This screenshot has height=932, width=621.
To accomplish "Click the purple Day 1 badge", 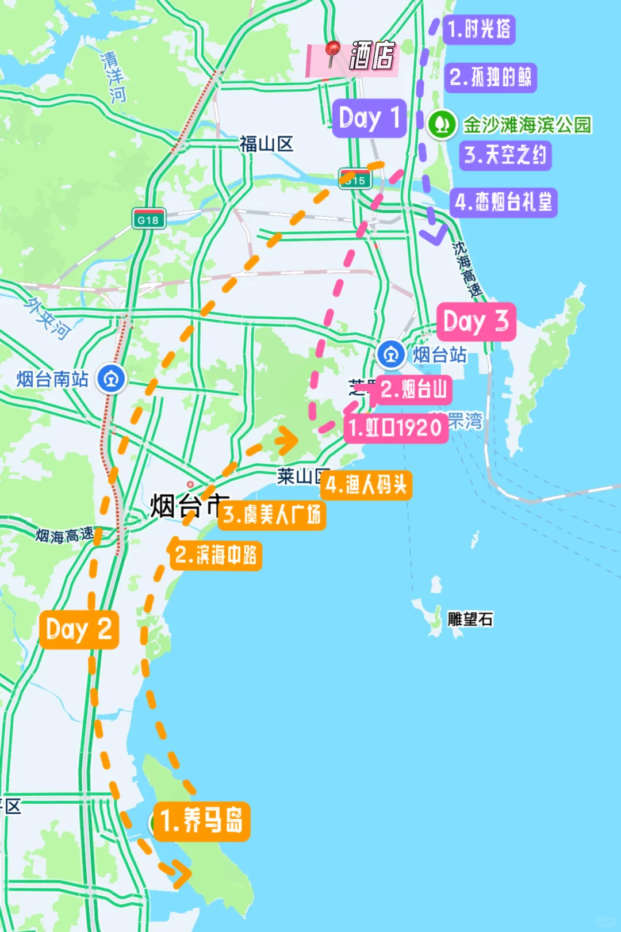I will coord(369,119).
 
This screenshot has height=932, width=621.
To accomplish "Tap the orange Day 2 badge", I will coord(79,629).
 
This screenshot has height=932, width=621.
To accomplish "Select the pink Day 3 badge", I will coord(476,322).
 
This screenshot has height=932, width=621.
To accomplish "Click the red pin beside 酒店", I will coord(332,52).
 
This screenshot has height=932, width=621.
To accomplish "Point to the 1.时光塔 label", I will coord(478,29).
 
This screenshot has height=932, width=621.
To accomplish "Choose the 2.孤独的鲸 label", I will coord(490,77).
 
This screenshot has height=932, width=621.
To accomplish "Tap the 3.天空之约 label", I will coord(505,155).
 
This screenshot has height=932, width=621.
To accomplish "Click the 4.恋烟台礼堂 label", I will coord(503,203).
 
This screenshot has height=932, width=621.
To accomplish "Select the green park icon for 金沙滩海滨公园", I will coord(442,124).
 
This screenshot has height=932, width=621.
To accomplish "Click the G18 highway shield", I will coord(148,219).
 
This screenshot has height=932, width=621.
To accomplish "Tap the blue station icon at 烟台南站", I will coord(111,379).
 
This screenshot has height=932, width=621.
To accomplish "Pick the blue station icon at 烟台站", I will coord(391,354).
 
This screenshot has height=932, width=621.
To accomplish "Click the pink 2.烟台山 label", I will coord(413,390).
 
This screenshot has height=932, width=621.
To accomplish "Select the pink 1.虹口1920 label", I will coord(396,428).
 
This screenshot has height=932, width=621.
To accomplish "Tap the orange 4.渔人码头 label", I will coord(366,485).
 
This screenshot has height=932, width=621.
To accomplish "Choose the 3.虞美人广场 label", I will coord(272,514).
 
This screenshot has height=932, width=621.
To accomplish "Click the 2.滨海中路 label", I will coord(216,555).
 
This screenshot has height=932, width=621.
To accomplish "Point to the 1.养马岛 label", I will coord(201,821).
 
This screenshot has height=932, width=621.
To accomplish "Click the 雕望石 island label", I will coord(470,619).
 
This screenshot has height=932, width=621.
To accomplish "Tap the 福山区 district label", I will coord(266,144).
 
